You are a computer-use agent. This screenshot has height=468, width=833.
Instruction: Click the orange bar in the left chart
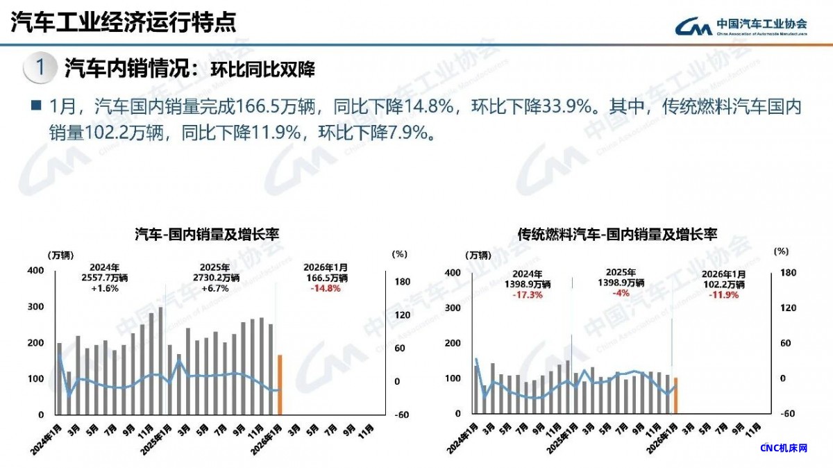(x=280, y=385)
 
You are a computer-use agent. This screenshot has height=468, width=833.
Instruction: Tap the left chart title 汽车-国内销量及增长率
(x=206, y=235)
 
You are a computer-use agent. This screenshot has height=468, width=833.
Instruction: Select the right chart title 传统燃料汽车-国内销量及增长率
(x=617, y=235)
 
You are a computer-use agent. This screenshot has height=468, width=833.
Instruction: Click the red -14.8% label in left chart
(x=326, y=288)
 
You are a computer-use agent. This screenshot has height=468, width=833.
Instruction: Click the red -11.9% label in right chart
(x=723, y=294)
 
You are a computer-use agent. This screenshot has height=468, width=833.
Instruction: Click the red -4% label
(x=621, y=293)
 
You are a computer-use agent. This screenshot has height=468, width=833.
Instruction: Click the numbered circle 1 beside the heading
(x=41, y=68)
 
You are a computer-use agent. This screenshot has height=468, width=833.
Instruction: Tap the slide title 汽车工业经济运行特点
(x=124, y=22)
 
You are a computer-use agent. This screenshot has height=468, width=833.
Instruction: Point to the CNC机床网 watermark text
(x=784, y=448)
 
